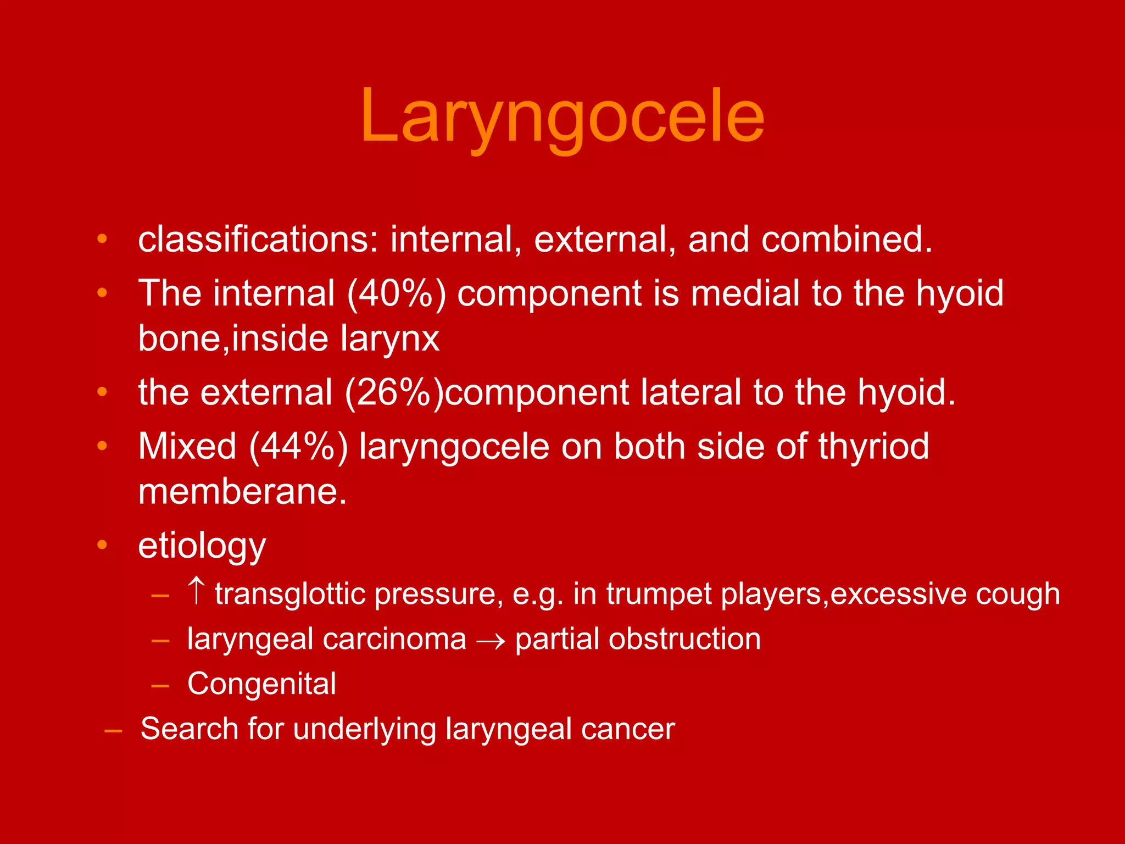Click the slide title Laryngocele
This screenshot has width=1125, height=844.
(562, 116)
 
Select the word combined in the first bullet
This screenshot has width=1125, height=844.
(846, 240)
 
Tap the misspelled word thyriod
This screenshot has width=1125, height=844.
(873, 446)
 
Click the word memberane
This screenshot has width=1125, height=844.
(242, 491)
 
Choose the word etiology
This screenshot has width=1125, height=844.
(202, 546)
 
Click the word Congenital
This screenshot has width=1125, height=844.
(261, 685)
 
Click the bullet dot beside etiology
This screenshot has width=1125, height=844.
(102, 545)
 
